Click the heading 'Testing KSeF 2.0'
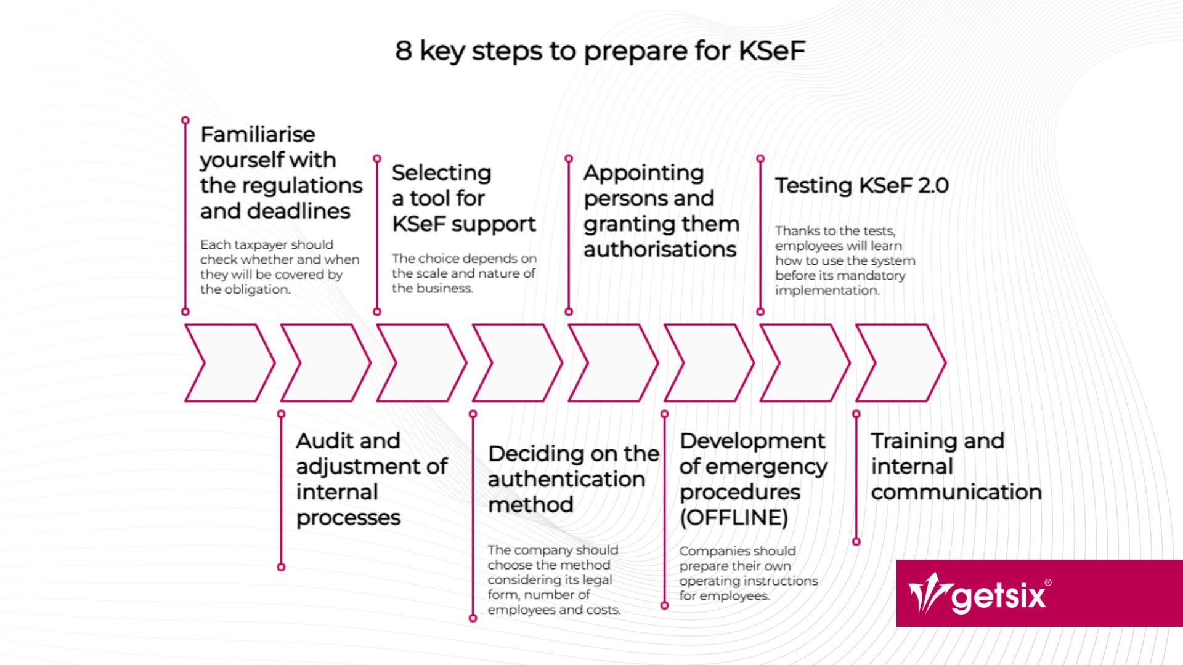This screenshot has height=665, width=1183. pyautogui.click(x=861, y=185)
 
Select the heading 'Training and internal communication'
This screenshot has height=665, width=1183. pyautogui.click(x=955, y=466)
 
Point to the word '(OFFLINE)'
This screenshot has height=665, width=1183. pyautogui.click(x=733, y=517)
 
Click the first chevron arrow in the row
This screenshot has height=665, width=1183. pyautogui.click(x=228, y=363)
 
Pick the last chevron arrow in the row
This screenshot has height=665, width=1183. pyautogui.click(x=900, y=363)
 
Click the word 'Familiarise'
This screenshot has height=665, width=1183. pyautogui.click(x=258, y=134)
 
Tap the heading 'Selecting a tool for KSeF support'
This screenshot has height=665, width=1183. pyautogui.click(x=463, y=198)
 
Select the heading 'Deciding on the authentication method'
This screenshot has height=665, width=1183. pyautogui.click(x=573, y=479)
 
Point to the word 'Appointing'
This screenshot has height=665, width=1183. pyautogui.click(x=643, y=173)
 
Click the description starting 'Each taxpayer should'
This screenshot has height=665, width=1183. pyautogui.click(x=279, y=267)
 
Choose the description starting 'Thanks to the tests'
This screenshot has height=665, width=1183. pyautogui.click(x=845, y=260)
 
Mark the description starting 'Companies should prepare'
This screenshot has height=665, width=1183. pyautogui.click(x=748, y=573)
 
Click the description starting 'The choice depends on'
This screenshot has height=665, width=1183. pyautogui.click(x=463, y=273)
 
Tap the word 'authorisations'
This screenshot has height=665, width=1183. pyautogui.click(x=660, y=249)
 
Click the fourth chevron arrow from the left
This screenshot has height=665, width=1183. pyautogui.click(x=516, y=363)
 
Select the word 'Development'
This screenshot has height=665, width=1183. pyautogui.click(x=752, y=441)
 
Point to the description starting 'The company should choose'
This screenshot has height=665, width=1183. pyautogui.click(x=553, y=579)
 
